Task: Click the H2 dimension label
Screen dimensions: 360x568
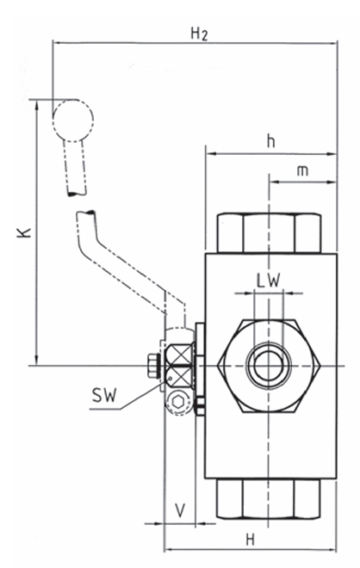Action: point(200,34)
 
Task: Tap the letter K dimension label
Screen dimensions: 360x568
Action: point(25,232)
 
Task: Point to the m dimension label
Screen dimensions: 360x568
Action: point(302,170)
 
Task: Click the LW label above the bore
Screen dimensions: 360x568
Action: point(269,280)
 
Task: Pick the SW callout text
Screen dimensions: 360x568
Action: point(104,395)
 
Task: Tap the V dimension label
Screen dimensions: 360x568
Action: point(180,510)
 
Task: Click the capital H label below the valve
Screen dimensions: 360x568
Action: point(251,540)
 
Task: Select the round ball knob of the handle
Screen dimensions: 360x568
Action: point(73,120)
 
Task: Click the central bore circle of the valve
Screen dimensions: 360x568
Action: point(269,366)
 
